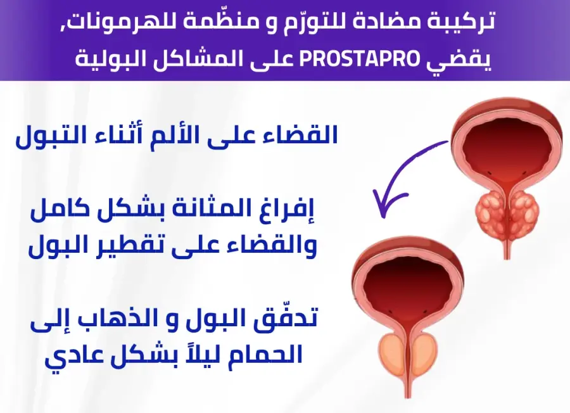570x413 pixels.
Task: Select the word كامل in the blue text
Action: tap(54, 211)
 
